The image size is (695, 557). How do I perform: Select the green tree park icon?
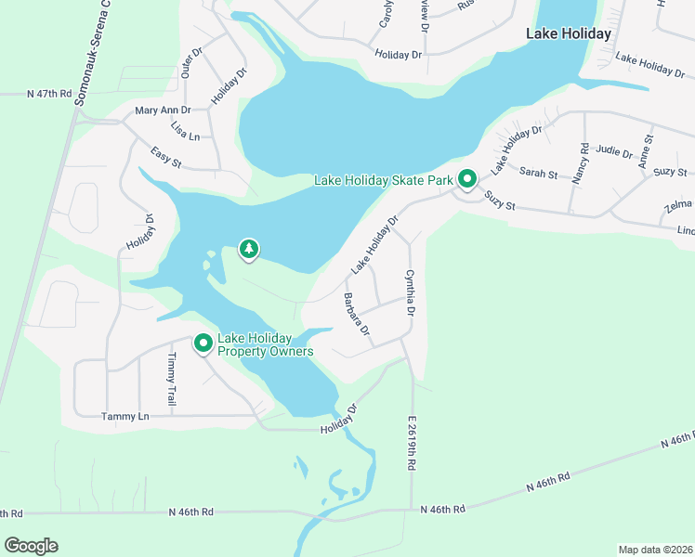(248, 249)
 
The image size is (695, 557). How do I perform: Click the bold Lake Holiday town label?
(569, 33)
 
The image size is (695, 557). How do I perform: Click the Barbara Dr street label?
(357, 315)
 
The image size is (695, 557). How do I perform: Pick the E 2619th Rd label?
(410, 443)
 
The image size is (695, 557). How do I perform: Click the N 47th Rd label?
(50, 94)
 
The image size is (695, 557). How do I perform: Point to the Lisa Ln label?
(185, 131)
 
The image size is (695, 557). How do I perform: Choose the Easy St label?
(166, 160)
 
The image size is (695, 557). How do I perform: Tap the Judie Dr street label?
(614, 150)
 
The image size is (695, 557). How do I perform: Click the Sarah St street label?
(538, 173)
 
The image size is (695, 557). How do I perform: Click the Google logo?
(31, 546)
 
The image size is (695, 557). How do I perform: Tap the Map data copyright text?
(655, 550)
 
